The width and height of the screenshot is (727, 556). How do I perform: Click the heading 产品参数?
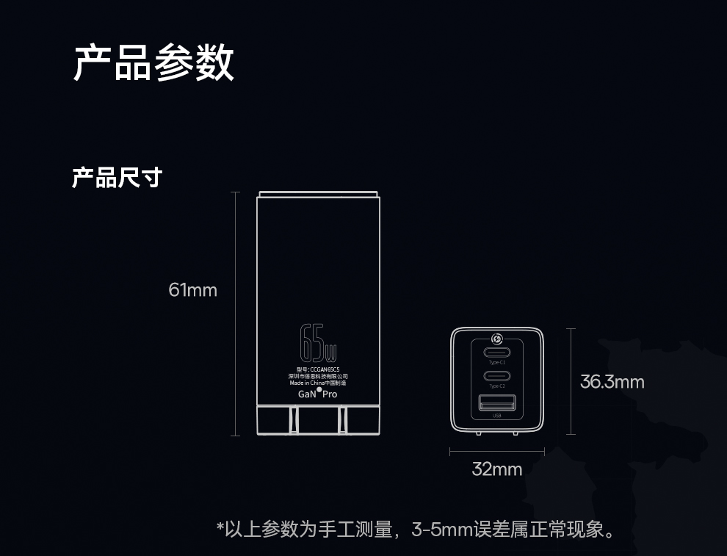coord(153,62)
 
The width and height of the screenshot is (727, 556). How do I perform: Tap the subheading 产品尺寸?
coord(116,177)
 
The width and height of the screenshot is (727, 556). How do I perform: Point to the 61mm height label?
coord(192,290)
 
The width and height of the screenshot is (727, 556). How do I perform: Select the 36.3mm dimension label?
coord(612,382)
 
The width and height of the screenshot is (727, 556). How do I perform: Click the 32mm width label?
coord(496,469)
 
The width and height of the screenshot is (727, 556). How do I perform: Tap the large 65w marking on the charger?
coord(318,342)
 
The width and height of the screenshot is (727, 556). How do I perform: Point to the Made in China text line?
coord(317,383)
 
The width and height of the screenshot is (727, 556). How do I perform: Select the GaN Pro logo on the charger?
coord(317,394)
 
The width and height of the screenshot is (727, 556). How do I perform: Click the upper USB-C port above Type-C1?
coord(497,352)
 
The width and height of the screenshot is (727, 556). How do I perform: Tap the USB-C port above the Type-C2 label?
coord(497,375)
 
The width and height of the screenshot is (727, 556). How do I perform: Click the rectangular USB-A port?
coord(497,402)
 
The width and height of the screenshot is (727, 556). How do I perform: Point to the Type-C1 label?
coord(497,363)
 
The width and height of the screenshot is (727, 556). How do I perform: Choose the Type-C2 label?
coord(497,386)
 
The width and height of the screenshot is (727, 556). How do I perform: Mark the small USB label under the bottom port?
coord(497,416)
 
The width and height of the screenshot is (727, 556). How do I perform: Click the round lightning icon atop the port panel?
coord(497,339)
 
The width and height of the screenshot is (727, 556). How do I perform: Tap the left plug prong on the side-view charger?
coord(294,421)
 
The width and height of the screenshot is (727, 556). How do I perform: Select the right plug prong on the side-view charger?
coord(342,421)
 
